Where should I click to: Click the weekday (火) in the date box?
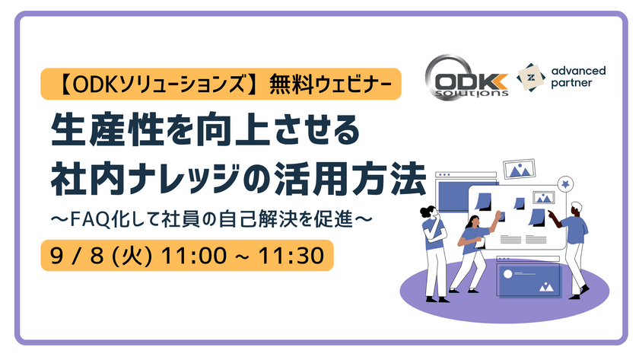tap(130, 254)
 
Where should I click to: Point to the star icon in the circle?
tap(564, 183)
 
